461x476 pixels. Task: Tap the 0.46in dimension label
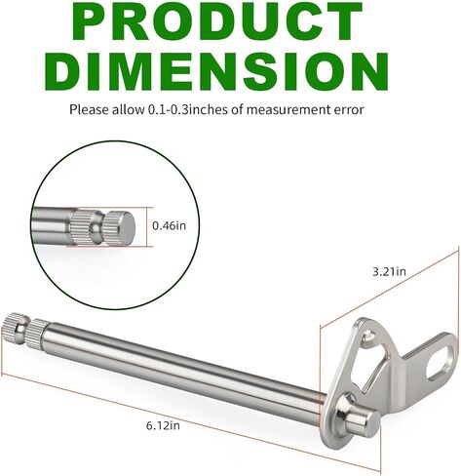(x=170, y=225)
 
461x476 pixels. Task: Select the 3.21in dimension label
(x=389, y=271)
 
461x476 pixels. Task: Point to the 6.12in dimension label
(x=163, y=425)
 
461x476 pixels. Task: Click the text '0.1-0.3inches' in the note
(x=188, y=110)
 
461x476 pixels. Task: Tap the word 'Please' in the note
(x=89, y=110)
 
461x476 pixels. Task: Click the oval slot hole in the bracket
(x=439, y=362)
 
